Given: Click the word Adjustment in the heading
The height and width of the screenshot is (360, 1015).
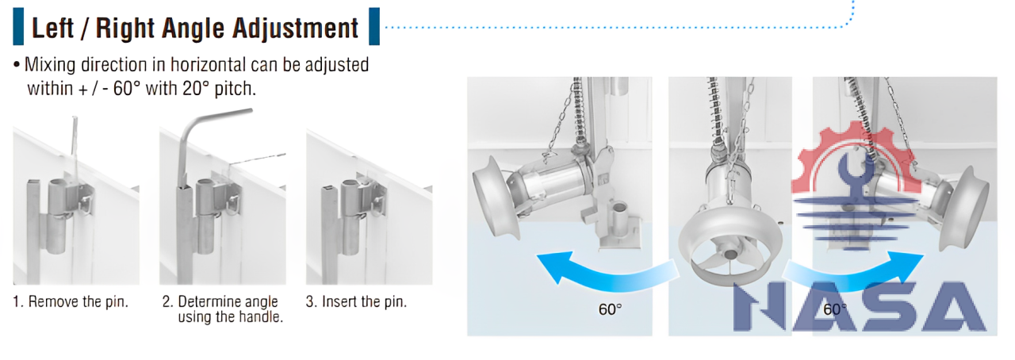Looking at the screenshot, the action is (x=296, y=29).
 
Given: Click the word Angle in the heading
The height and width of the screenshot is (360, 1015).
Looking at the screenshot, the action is (x=193, y=29).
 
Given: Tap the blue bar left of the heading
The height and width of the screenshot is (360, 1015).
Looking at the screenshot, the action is (x=18, y=26).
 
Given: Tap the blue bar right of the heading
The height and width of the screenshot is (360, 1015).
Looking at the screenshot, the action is (x=374, y=26).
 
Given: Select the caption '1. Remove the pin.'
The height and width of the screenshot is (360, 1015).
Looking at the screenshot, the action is (x=71, y=301).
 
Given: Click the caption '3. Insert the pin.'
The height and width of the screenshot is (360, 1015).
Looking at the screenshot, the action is (x=356, y=301).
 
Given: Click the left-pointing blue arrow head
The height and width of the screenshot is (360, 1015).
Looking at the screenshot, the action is (x=555, y=267).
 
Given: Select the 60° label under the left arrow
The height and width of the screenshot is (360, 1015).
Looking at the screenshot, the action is (x=610, y=309).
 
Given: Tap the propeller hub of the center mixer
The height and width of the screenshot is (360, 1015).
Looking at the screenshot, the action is (x=730, y=254).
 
